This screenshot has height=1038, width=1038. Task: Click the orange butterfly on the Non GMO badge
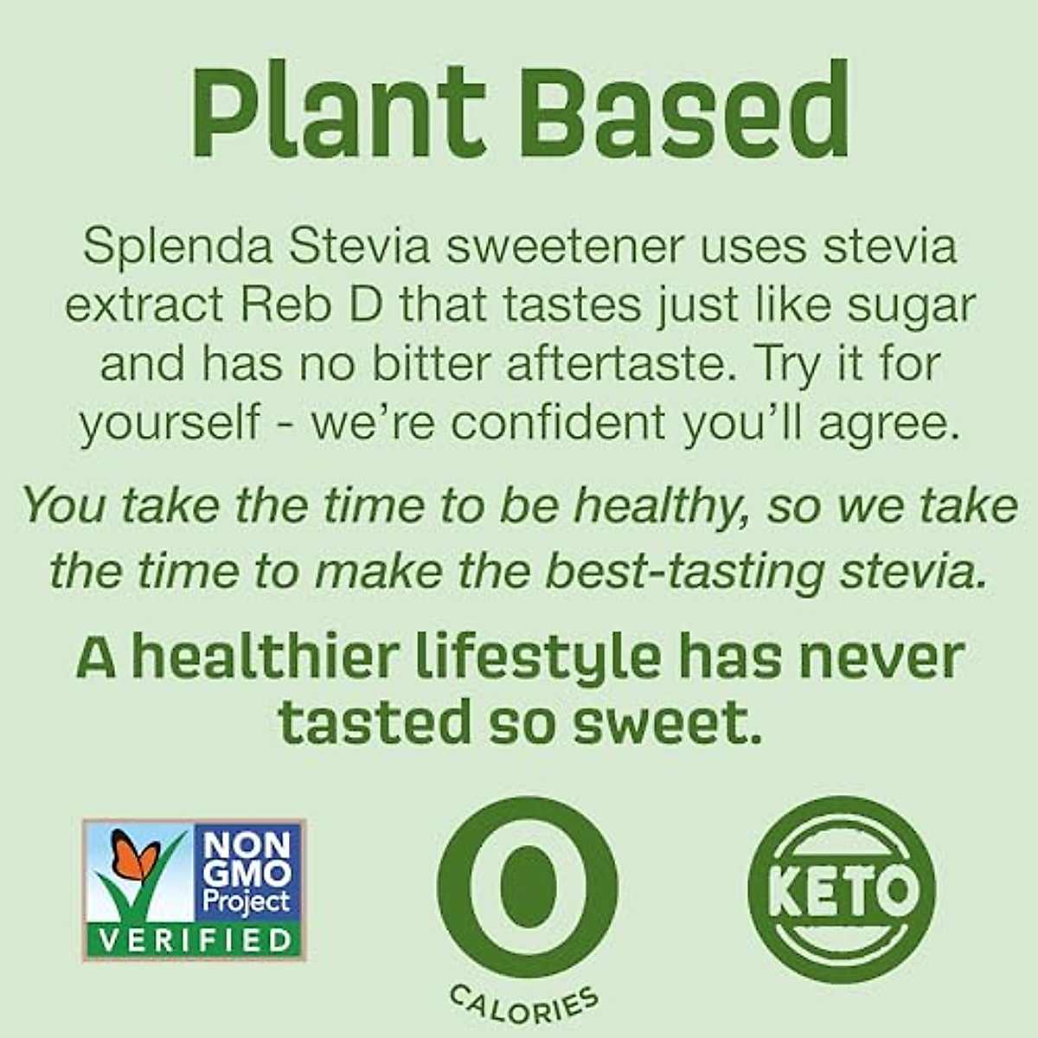tap(138, 856)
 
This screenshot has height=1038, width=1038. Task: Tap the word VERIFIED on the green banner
tap(194, 940)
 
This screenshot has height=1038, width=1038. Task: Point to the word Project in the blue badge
tap(245, 902)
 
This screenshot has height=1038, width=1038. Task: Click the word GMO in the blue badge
tap(245, 876)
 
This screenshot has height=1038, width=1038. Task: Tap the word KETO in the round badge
tap(841, 887)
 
